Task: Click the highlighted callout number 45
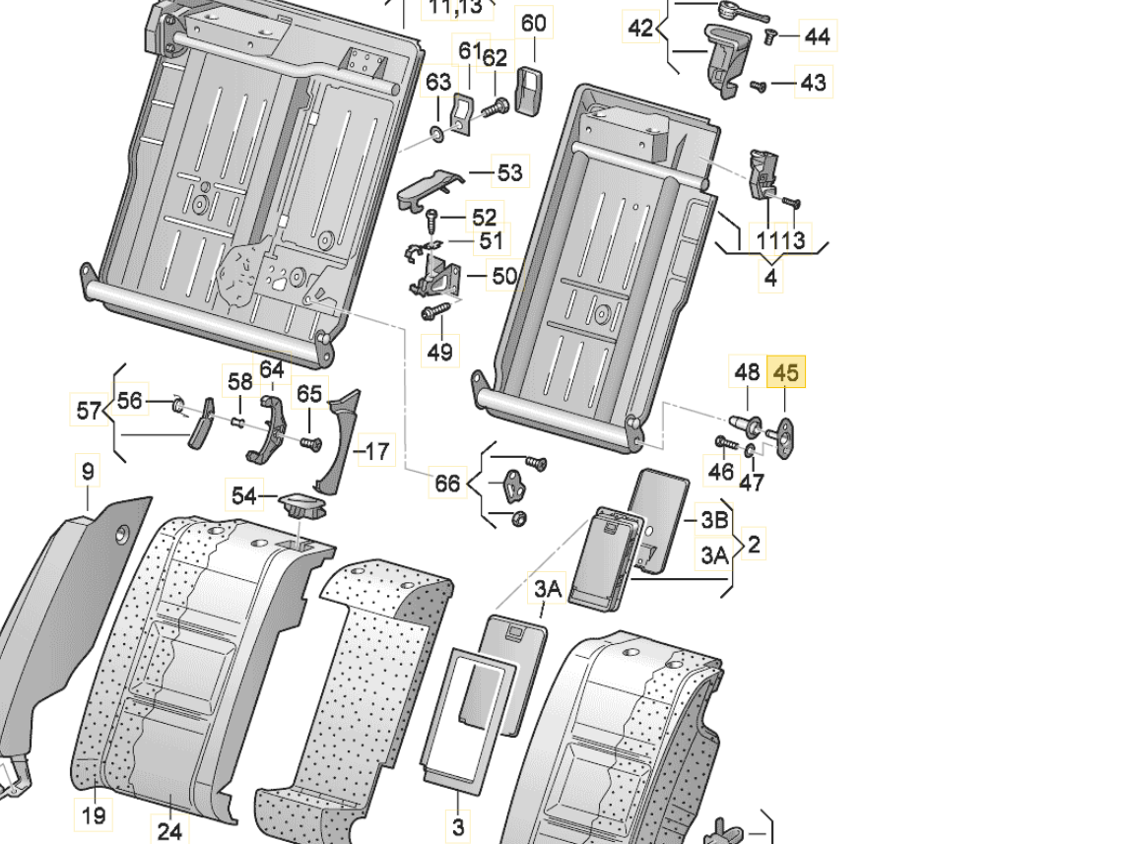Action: [785, 373]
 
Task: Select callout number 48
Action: [747, 373]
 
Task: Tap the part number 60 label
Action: [533, 24]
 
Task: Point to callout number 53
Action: [509, 173]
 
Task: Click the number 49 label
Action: [439, 351]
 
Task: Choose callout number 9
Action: [88, 472]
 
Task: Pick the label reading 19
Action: [94, 814]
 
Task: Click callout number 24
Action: [168, 832]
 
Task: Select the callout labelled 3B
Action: [713, 519]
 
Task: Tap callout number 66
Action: [447, 484]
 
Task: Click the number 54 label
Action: [243, 495]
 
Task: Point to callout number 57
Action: [89, 409]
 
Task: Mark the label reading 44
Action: [817, 36]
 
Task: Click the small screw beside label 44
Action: [771, 35]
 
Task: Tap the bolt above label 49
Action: [434, 312]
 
